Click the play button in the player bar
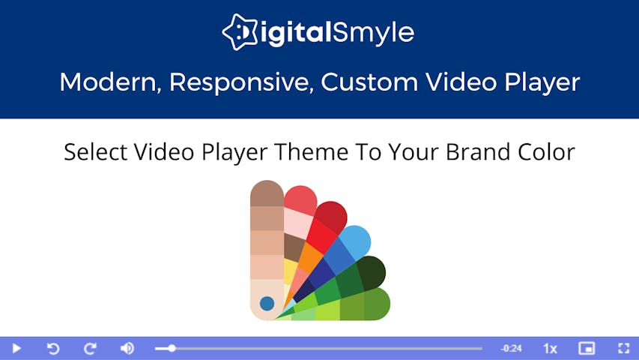click(16, 348)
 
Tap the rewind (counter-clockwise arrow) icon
click(53, 348)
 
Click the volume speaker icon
click(127, 348)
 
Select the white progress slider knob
click(172, 348)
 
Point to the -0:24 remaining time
click(512, 348)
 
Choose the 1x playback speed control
click(550, 349)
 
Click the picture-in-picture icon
click(587, 348)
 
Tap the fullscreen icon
click(623, 348)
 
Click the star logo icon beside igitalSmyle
click(240, 31)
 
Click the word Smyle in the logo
click(373, 33)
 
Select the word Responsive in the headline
click(241, 82)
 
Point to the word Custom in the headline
click(369, 82)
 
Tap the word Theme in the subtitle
click(312, 151)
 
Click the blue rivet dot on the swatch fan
click(267, 303)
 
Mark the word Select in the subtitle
click(96, 151)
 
